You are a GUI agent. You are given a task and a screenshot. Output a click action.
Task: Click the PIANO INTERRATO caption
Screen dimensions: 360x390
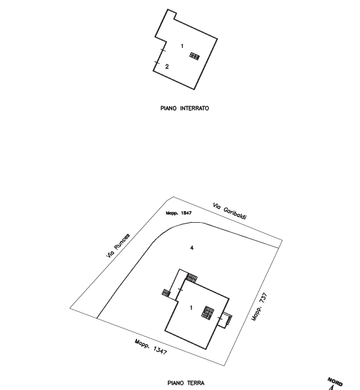pos(184,108)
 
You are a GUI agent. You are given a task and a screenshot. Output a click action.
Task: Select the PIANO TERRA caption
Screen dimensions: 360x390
pos(186,383)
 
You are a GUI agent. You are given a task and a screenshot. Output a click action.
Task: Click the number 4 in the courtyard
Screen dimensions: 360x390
pos(192,248)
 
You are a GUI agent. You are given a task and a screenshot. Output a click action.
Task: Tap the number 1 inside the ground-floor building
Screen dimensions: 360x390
pos(191,307)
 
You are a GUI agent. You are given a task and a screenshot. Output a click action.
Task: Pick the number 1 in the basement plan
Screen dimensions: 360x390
pos(181,46)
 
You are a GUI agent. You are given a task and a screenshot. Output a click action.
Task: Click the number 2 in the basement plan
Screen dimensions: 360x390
pos(167,66)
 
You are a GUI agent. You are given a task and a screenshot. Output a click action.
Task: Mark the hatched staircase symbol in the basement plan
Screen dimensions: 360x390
pos(195,56)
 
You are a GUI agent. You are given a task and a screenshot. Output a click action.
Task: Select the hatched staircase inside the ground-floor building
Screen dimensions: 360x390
pos(209,312)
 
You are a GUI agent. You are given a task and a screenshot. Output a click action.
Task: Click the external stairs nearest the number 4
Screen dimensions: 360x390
pos(192,278)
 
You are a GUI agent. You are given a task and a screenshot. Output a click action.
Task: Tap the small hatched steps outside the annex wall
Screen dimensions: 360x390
pos(166,292)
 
